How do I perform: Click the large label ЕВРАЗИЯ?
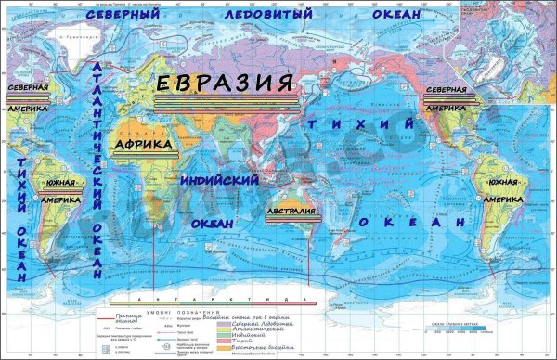coord(226,84)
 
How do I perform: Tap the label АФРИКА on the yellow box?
coord(142,145)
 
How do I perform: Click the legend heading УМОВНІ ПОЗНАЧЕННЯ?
coord(194,313)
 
